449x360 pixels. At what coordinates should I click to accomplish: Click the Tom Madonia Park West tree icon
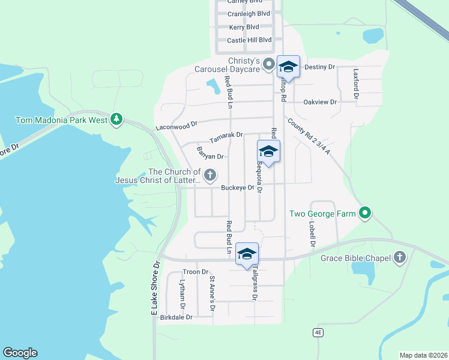(116, 119)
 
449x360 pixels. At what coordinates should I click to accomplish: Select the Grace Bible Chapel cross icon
(400, 258)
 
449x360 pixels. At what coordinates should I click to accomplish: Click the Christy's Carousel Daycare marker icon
(270, 63)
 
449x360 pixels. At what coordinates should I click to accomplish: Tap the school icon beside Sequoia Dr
(268, 151)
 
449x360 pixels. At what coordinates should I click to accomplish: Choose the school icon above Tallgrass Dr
(247, 254)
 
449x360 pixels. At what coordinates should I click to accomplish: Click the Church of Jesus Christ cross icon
(209, 175)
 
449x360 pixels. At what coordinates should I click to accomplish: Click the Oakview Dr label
(320, 102)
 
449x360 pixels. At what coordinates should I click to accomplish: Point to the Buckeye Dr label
(238, 188)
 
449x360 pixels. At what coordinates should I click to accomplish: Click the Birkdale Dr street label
(176, 317)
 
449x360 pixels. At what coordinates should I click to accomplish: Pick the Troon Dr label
(195, 272)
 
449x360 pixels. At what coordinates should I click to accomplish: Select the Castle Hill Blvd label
(249, 40)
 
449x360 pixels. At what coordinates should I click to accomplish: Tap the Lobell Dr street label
(312, 234)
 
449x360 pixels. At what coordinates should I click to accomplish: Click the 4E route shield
(318, 332)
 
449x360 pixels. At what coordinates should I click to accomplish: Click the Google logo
(20, 353)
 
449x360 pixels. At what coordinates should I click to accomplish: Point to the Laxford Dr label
(356, 83)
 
